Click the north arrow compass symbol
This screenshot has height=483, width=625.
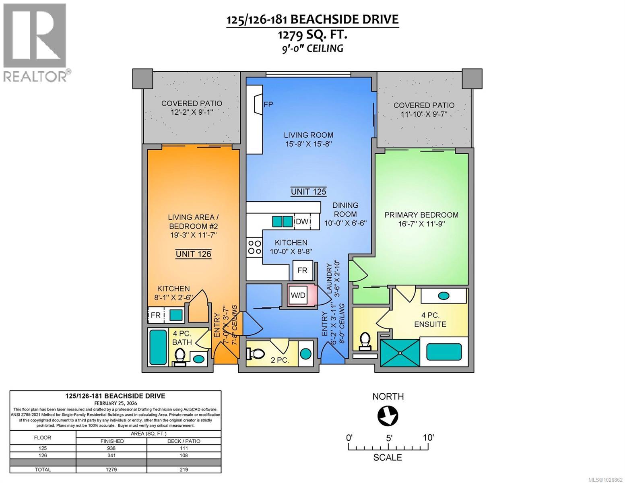click(388, 416)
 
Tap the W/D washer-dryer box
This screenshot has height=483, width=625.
click(298, 295)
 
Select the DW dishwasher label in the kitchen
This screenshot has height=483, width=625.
click(302, 221)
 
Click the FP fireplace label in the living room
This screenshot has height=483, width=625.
click(268, 104)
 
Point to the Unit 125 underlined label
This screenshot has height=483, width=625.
click(308, 192)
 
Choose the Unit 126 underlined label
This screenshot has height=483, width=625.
click(193, 254)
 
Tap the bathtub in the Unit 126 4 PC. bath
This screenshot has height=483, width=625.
click(158, 347)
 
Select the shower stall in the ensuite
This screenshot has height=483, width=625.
click(400, 353)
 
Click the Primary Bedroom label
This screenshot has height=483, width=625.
click(421, 215)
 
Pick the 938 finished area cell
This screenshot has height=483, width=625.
click(111, 448)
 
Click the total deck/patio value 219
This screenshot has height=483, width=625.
click(184, 470)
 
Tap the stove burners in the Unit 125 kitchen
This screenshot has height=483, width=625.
click(254, 248)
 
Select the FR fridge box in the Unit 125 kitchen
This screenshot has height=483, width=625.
click(302, 270)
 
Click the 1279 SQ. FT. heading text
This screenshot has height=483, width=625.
click(312, 35)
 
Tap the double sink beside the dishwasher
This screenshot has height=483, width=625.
click(282, 221)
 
